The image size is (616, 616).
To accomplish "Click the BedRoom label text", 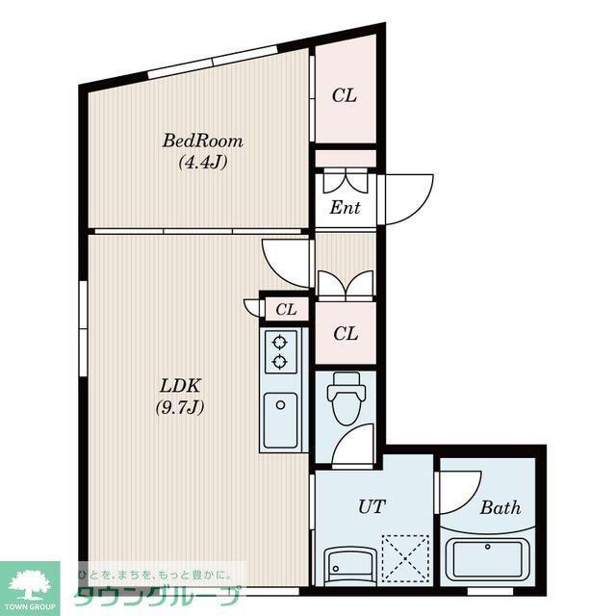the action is (x=202, y=141).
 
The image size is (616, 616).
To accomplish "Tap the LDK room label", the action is (x=180, y=386).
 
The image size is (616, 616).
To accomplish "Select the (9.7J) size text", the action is (x=180, y=408).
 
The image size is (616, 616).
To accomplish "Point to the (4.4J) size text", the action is (x=203, y=162).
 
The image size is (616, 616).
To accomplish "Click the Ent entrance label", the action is (x=345, y=208).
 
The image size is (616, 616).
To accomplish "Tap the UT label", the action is (x=372, y=506).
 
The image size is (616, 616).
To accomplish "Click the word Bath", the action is (x=500, y=507).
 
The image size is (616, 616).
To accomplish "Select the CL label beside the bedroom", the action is (x=345, y=95).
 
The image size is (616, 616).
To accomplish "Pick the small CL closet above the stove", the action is (x=286, y=310).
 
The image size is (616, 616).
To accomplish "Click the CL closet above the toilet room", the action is (x=346, y=334).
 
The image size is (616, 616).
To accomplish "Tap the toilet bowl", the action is (x=346, y=398).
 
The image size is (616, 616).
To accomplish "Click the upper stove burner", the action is (x=279, y=343).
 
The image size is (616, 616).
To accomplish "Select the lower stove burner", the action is (x=279, y=362).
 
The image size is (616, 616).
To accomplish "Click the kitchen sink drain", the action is (x=280, y=405).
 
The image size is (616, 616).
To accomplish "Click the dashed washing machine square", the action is (x=405, y=558).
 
